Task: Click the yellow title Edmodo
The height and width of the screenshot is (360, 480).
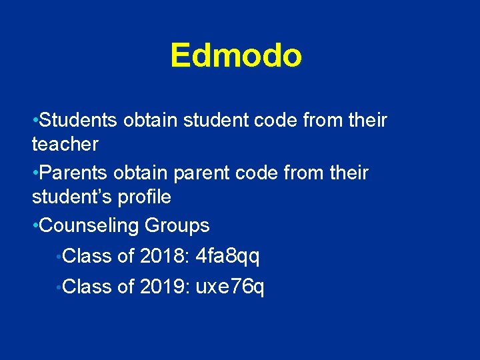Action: tap(236, 55)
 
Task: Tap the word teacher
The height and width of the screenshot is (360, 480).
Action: tap(65, 144)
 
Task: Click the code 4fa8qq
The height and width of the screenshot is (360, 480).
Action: tap(228, 256)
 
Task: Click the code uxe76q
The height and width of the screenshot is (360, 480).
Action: tap(230, 287)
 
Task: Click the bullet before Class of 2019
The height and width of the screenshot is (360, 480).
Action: tap(60, 287)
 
